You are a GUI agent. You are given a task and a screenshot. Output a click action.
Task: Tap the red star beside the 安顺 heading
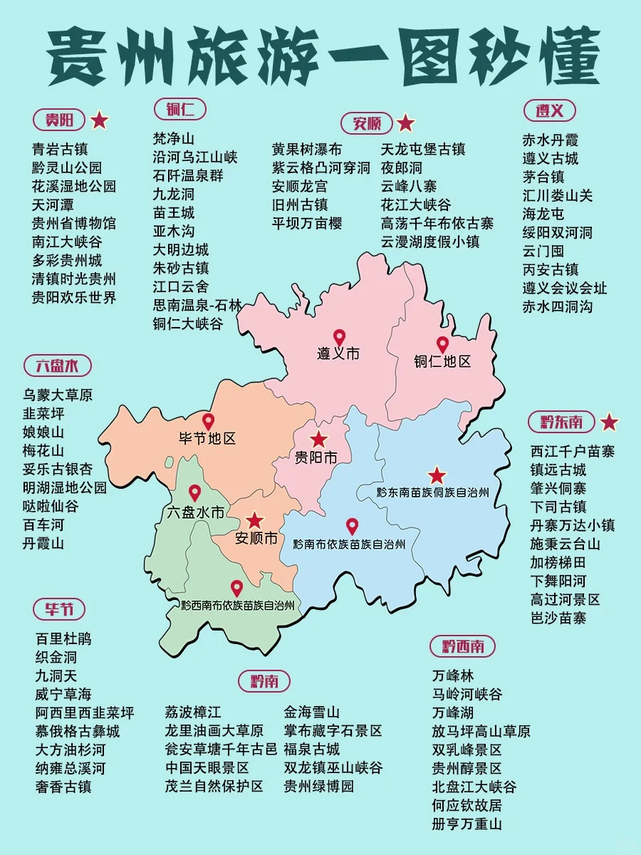(405, 123)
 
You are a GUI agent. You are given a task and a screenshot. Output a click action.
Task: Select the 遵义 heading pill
(549, 110)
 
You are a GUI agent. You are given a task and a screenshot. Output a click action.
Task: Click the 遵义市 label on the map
(338, 353)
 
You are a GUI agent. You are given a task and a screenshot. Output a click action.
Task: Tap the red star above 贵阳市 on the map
(318, 439)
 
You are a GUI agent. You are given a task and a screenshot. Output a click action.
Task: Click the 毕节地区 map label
(207, 439)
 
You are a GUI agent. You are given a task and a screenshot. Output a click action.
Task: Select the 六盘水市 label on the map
(195, 512)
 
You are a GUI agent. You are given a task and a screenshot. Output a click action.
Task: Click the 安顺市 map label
(256, 538)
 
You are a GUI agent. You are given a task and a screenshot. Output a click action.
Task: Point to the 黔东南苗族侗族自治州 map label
(432, 492)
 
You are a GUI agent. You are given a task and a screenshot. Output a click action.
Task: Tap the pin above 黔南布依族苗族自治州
(351, 526)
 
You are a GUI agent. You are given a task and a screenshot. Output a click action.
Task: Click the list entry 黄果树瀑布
(306, 149)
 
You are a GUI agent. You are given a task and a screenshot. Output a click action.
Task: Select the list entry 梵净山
(173, 138)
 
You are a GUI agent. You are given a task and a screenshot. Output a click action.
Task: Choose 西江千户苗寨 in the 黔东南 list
(572, 451)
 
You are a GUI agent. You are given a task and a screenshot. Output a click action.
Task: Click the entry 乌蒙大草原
(58, 395)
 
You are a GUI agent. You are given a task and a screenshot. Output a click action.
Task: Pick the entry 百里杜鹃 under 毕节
(63, 638)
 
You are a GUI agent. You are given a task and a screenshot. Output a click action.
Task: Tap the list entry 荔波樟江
(193, 712)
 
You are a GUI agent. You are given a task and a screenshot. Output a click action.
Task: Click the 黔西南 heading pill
(462, 646)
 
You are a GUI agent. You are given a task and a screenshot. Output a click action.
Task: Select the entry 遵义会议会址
(565, 288)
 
